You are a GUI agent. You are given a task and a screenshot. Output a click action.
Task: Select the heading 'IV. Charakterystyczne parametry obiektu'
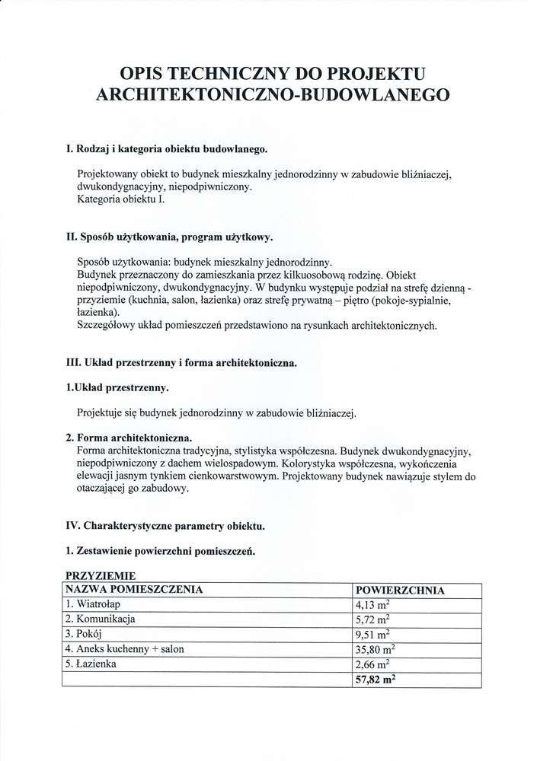pyautogui.click(x=165, y=526)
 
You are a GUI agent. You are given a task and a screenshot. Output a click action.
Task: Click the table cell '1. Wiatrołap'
pyautogui.click(x=93, y=604)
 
